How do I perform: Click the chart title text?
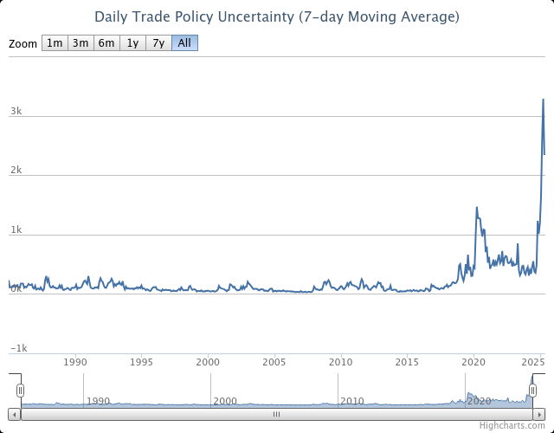point(277,17)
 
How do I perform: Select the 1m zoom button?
point(55,43)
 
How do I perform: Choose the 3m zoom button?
point(81,43)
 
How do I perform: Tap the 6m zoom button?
point(106,43)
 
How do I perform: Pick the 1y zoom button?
point(132,43)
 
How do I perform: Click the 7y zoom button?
point(158,43)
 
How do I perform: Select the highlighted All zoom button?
point(184,43)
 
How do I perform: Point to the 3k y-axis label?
point(16,111)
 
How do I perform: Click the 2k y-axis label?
point(16,171)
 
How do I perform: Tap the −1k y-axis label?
point(18,348)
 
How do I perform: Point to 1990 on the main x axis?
point(76,362)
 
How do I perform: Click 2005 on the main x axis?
point(274,362)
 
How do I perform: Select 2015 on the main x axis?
point(407,362)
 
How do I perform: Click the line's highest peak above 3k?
point(543,100)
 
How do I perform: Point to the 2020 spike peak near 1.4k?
point(477,208)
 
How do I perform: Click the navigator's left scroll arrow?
point(14,414)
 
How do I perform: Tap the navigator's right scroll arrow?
point(539,414)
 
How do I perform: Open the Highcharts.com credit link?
point(512,426)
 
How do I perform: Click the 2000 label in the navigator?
point(225,401)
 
